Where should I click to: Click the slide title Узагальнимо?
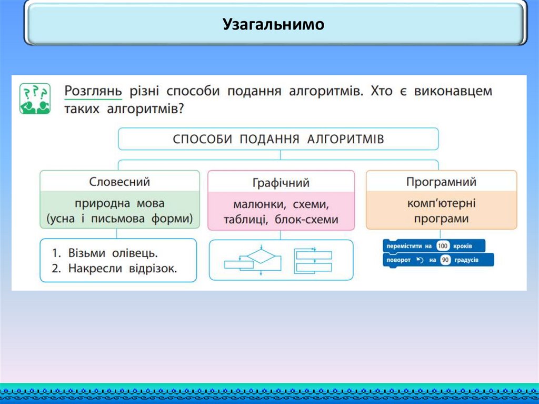point(273,24)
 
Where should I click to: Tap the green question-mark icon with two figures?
point(35,98)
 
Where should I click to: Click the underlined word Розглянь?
point(93,91)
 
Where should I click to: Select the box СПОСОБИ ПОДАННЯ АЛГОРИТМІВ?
point(278,139)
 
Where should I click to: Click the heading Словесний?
point(119,182)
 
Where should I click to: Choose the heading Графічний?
point(281,183)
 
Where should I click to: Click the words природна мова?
point(119,203)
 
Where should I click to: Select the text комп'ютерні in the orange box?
point(441,203)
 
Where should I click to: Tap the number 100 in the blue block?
point(442,246)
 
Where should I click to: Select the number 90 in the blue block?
point(445,260)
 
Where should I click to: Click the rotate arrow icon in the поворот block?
point(420,260)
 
